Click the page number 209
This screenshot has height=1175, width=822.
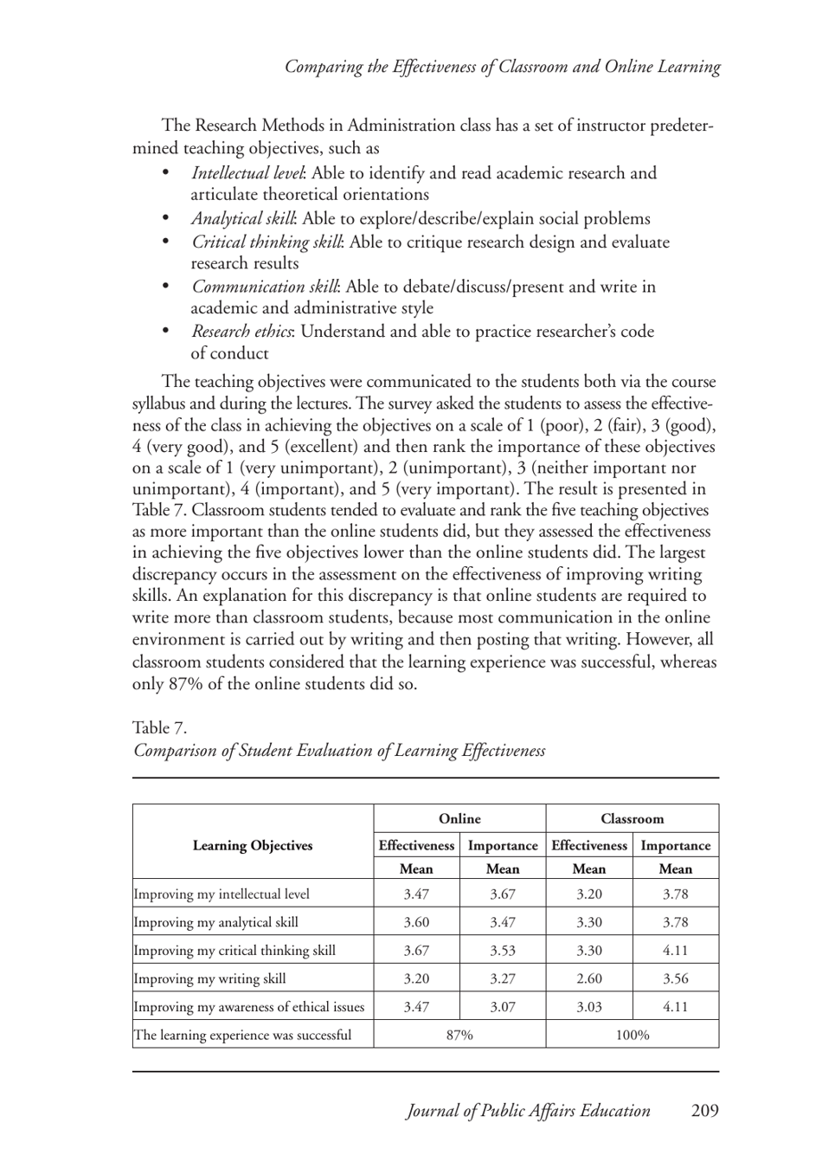click(704, 1111)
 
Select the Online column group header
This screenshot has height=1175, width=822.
click(459, 818)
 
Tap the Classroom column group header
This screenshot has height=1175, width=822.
click(632, 818)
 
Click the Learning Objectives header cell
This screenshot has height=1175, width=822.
click(253, 845)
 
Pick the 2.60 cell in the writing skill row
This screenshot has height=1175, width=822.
click(588, 978)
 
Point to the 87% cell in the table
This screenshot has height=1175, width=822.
click(459, 1035)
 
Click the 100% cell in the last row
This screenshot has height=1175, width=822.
click(632, 1035)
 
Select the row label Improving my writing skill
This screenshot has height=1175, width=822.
click(209, 978)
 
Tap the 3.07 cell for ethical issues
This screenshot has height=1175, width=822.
click(503, 1007)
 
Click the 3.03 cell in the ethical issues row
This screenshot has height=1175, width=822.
click(588, 1007)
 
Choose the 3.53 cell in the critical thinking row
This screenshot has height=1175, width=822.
click(503, 951)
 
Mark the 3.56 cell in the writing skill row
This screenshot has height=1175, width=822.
click(675, 978)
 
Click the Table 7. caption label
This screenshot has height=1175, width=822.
click(159, 727)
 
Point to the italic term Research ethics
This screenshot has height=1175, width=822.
click(241, 332)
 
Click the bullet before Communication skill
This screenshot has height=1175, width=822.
click(167, 287)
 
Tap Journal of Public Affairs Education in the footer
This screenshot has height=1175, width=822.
click(528, 1111)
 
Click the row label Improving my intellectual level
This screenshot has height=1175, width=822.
click(222, 894)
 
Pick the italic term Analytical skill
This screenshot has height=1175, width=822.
click(243, 219)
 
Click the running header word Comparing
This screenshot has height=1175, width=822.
click(324, 67)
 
